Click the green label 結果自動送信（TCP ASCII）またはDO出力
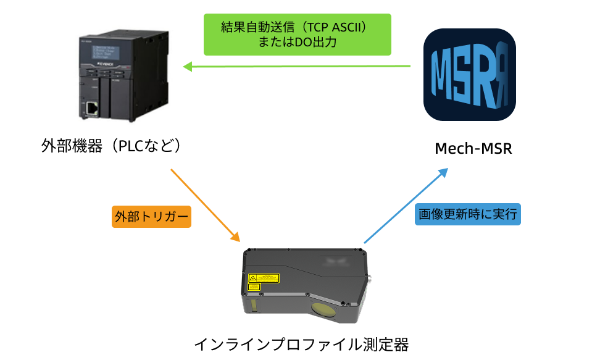point(298,35)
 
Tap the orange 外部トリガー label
point(151,217)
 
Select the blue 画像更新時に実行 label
point(467,214)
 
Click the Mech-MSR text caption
point(473,149)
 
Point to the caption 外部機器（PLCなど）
point(114,146)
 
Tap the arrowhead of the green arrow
point(186,66)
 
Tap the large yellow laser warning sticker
point(264,278)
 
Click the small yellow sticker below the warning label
point(253,287)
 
